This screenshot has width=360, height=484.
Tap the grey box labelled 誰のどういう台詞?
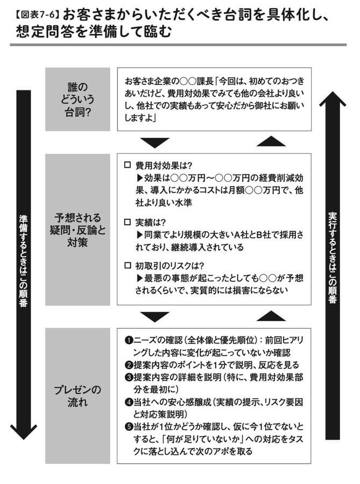pos(77,99)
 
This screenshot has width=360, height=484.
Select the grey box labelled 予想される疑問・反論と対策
pos(77,229)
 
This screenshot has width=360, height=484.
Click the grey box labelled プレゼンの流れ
pos(77,395)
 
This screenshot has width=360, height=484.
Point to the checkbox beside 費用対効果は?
pos(128,165)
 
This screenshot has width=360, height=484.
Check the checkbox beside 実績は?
pos(128,222)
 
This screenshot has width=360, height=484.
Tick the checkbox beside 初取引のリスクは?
pos(128,266)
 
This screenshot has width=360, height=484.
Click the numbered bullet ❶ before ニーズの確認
pos(129,340)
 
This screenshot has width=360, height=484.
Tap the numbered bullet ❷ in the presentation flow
pos(129,365)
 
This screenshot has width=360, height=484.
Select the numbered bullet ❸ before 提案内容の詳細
pos(129,377)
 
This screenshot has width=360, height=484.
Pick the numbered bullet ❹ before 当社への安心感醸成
pos(129,402)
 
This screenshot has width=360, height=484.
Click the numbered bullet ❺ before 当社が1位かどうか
pos(129,427)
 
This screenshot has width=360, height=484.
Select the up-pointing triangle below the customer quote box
pos(271,141)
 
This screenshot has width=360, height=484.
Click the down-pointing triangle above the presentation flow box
pos(154,317)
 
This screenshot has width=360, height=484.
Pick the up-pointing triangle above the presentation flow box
pos(271,316)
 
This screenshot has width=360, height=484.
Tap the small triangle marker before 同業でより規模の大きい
pos(139,235)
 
